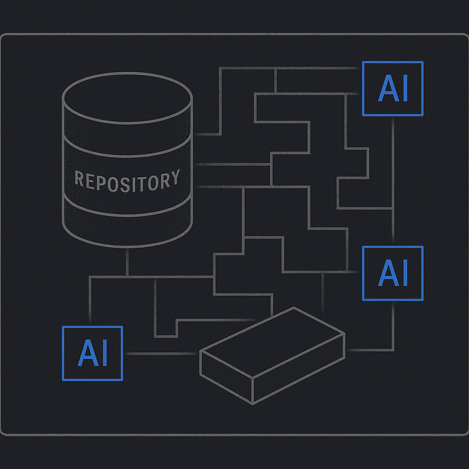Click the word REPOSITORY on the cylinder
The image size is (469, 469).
pyautogui.click(x=127, y=180)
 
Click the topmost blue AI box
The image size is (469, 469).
pyautogui.click(x=393, y=88)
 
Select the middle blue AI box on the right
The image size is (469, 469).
pyautogui.click(x=393, y=273)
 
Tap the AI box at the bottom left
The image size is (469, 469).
pyautogui.click(x=92, y=353)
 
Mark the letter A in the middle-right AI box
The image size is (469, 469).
pyautogui.click(x=387, y=273)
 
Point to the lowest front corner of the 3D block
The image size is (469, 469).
pyautogui.click(x=252, y=403)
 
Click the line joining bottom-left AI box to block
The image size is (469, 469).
pyautogui.click(x=160, y=354)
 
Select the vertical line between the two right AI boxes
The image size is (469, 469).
pyautogui.click(x=393, y=179)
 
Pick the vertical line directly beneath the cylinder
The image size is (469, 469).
pyautogui.click(x=127, y=262)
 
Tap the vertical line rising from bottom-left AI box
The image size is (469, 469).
pyautogui.click(x=90, y=302)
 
